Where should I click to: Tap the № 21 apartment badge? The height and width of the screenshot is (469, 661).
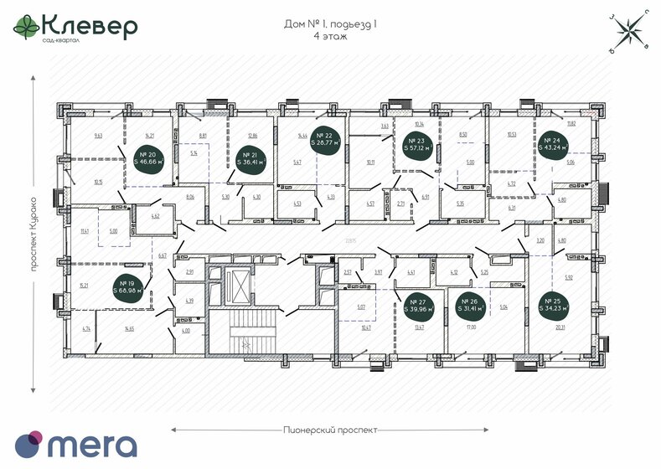coord(249,159)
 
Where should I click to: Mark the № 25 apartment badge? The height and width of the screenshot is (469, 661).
coord(552,305)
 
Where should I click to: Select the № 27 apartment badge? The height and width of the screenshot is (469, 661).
coord(418,305)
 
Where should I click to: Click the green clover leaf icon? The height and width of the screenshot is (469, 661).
coord(24,28)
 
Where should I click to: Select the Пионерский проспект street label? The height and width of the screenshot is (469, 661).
coord(324,428)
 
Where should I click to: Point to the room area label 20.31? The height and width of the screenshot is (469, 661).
coord(560,338)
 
